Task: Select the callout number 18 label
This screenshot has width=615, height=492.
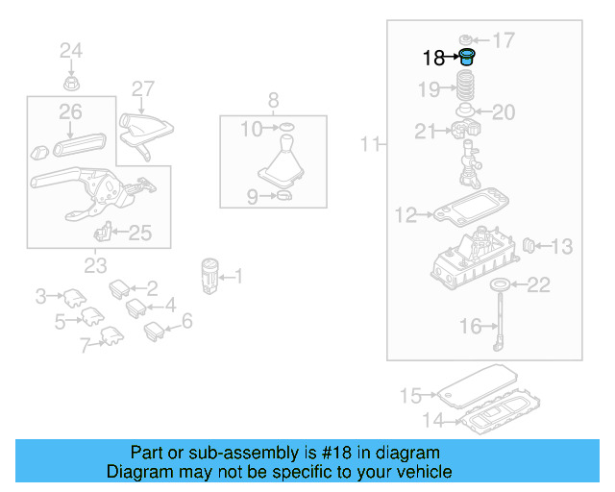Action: [x=434, y=59]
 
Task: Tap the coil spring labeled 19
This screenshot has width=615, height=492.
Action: [x=465, y=88]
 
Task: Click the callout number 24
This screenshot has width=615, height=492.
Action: [x=72, y=50]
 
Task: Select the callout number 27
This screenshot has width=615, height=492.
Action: [x=142, y=89]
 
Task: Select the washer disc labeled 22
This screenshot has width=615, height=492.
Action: [x=500, y=284]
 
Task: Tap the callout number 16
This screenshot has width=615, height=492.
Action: [x=471, y=327]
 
